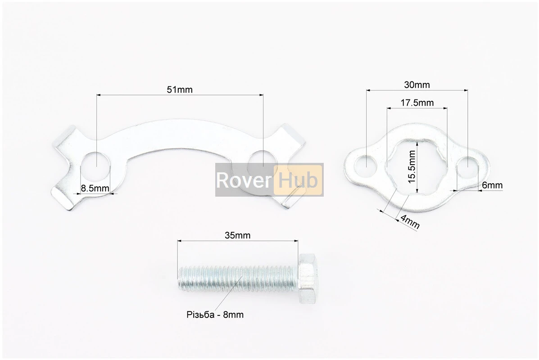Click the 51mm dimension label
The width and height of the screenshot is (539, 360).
[x=179, y=90]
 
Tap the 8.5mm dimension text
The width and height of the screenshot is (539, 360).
[x=95, y=188]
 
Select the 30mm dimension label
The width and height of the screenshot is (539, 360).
[x=417, y=85]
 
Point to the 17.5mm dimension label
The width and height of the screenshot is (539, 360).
[x=417, y=103]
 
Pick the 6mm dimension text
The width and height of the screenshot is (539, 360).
[x=492, y=185]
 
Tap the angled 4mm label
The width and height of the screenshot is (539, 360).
[x=409, y=222]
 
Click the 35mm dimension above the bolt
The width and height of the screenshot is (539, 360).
[x=237, y=235]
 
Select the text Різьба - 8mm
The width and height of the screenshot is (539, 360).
[x=215, y=315]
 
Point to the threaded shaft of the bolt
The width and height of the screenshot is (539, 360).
[x=237, y=278]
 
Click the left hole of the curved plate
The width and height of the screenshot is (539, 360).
[x=96, y=163]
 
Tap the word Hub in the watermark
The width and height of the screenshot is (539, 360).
[x=298, y=180]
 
